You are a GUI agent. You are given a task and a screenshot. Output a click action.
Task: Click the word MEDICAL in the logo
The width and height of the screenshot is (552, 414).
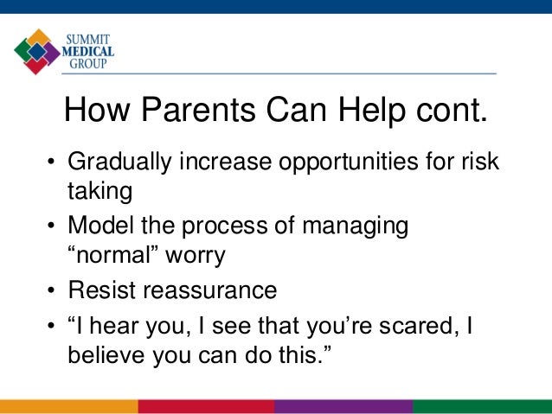coord(88,52)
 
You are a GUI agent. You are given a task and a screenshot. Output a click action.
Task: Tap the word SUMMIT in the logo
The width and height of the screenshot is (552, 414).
coord(88,40)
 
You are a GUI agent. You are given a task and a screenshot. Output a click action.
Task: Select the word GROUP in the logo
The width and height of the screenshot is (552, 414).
coord(88,64)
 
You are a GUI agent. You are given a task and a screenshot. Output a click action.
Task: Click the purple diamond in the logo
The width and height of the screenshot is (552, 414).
coord(52,53)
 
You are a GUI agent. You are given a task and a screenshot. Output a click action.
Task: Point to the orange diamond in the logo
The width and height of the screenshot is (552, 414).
coord(38,36)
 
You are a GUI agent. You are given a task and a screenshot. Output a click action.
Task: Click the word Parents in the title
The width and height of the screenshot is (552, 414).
coord(198,110)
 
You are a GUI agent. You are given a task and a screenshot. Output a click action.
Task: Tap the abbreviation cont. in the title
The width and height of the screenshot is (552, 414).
coord(452,111)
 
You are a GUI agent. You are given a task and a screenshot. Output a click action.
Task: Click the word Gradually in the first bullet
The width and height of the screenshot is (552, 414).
coord(119,162)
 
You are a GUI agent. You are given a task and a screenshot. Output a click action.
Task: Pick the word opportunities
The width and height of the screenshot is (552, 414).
coord(349,162)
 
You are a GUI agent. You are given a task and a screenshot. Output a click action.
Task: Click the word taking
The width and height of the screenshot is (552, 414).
coord(100,192)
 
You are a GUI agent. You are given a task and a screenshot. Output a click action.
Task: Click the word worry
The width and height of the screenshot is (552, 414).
coord(196,256)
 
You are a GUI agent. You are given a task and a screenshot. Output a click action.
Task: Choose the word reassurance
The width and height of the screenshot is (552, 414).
coord(210,290)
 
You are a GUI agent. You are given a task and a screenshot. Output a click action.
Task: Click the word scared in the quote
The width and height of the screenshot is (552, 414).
coord(420,326)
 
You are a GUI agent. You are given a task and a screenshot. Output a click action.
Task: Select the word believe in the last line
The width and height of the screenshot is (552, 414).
coord(106,354)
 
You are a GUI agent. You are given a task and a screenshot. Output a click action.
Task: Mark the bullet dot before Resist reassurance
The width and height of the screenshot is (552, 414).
coord(51,290)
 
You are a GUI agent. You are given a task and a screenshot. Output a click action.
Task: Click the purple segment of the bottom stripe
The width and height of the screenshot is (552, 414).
coord(343,406)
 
